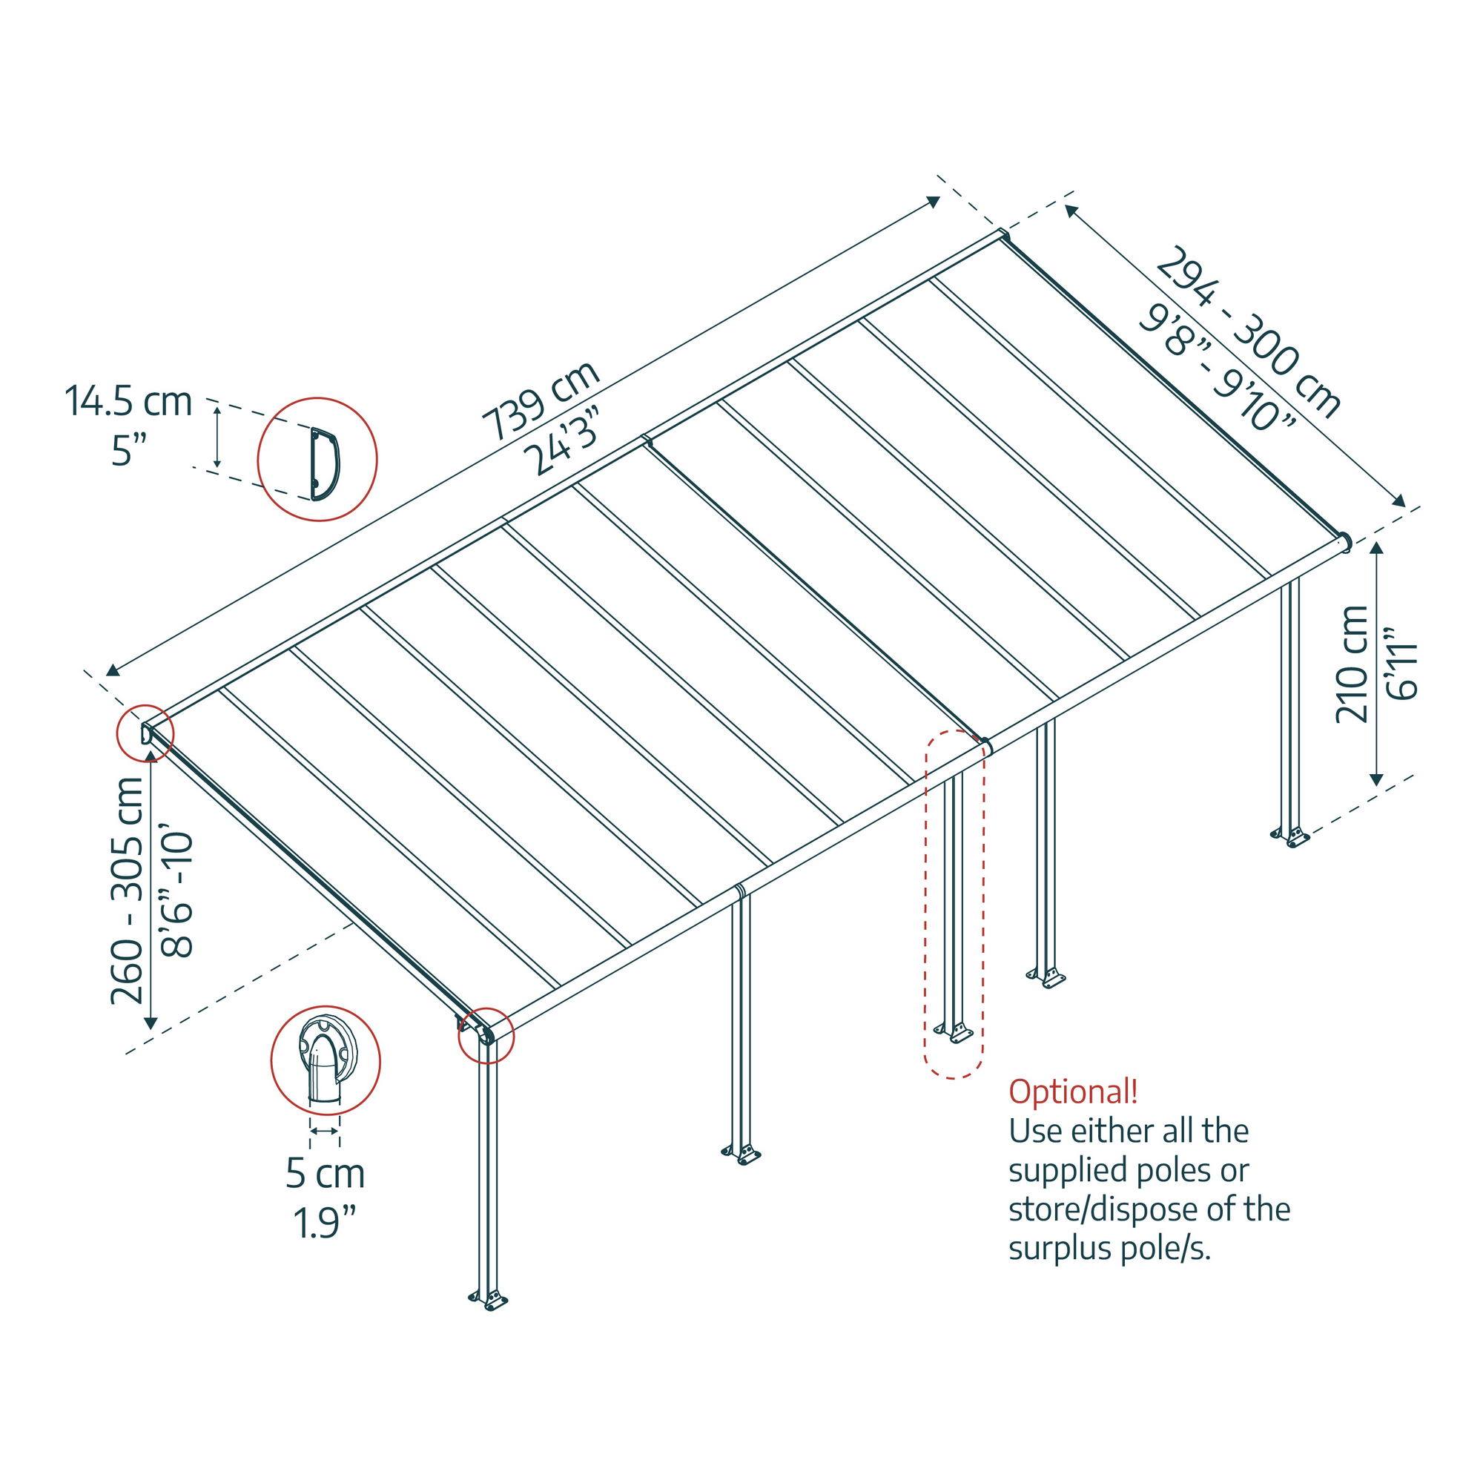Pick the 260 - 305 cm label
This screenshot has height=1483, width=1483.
[128, 891]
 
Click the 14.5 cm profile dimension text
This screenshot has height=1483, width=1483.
[128, 401]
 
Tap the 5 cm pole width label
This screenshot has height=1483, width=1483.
[325, 1173]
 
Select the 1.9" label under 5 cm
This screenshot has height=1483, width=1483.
[325, 1223]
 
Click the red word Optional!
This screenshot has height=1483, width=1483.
[1072, 1091]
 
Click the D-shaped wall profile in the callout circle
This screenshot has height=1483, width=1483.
[324, 463]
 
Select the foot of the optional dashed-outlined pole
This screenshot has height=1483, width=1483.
[954, 1033]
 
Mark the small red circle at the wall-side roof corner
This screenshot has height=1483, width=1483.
[145, 733]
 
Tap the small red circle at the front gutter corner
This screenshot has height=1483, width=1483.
[486, 1035]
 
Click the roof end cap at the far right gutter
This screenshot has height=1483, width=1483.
[1344, 542]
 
